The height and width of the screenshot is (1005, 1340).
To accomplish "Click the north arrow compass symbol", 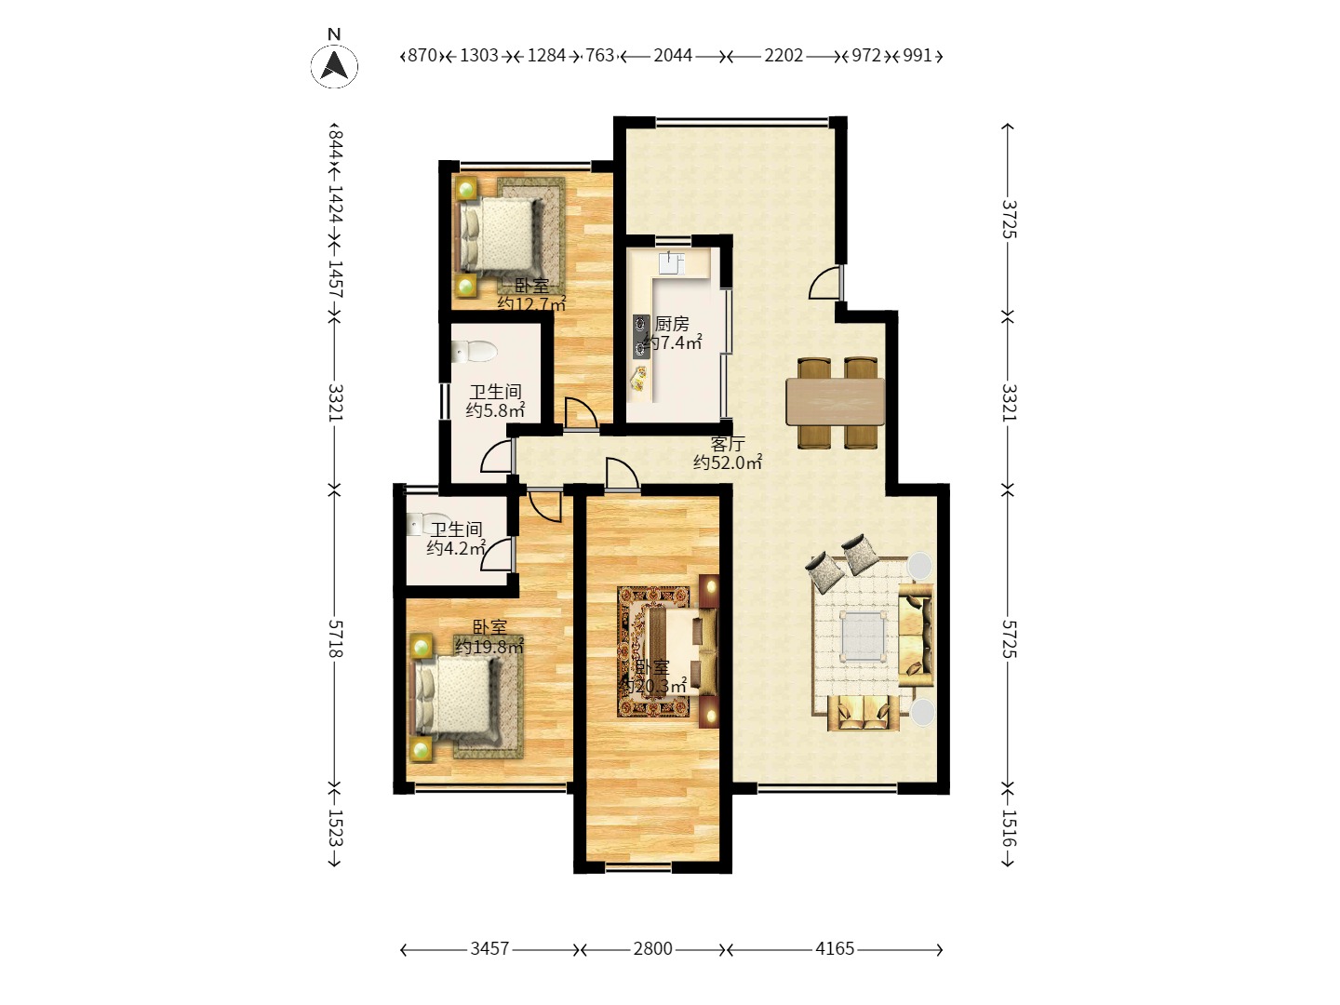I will point(334,65).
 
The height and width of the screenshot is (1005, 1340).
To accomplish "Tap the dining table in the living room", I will point(835,402).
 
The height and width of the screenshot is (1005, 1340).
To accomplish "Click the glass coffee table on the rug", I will point(863,636).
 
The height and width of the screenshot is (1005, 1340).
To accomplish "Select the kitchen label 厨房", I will point(672,324).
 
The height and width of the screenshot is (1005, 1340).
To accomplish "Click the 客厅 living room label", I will point(728,444).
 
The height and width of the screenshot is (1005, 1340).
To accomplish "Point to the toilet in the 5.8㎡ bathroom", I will point(474,352).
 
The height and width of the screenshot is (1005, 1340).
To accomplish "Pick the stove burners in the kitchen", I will point(641,337).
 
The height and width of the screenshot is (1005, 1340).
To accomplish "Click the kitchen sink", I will point(672,262).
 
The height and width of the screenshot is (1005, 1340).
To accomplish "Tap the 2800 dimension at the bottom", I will point(652,949).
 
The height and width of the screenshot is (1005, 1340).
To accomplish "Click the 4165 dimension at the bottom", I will point(835,949).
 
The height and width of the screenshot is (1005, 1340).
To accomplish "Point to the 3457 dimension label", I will point(489,949).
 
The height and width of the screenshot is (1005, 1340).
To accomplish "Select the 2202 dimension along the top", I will point(784,56).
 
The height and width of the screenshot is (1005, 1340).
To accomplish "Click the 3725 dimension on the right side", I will point(1009,220).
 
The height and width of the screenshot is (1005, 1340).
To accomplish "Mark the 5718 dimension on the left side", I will point(336,639).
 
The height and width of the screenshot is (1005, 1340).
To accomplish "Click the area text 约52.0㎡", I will point(728,462).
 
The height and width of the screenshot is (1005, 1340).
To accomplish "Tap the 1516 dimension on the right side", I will point(1009,828).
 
